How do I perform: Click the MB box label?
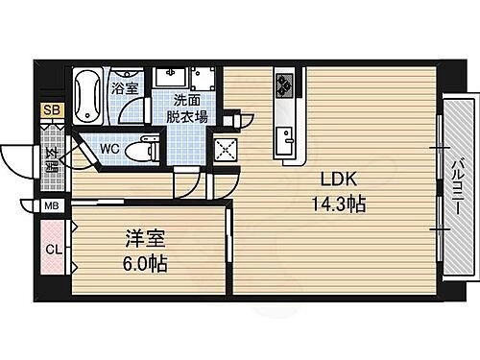(x=50, y=205)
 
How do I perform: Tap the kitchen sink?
(x=285, y=143)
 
